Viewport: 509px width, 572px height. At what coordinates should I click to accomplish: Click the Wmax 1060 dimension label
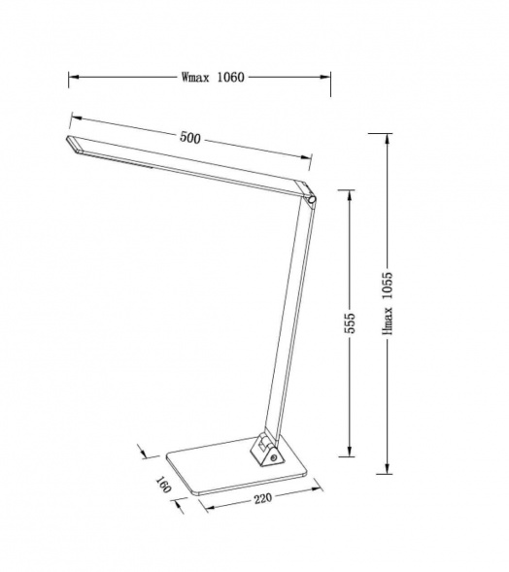[x=213, y=78]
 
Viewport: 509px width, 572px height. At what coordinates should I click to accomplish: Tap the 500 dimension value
[x=190, y=138]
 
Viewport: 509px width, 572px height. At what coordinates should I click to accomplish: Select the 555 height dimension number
[x=350, y=322]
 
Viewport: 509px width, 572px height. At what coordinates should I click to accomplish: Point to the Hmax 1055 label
[x=388, y=303]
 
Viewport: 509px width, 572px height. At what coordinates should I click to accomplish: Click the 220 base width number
[x=263, y=498]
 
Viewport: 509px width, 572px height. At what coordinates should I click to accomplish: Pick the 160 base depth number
[x=163, y=484]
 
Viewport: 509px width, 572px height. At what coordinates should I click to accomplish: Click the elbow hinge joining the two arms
[x=311, y=199]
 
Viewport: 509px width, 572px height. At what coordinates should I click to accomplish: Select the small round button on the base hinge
[x=273, y=457]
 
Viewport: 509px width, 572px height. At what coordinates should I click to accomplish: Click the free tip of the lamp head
[x=68, y=138]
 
